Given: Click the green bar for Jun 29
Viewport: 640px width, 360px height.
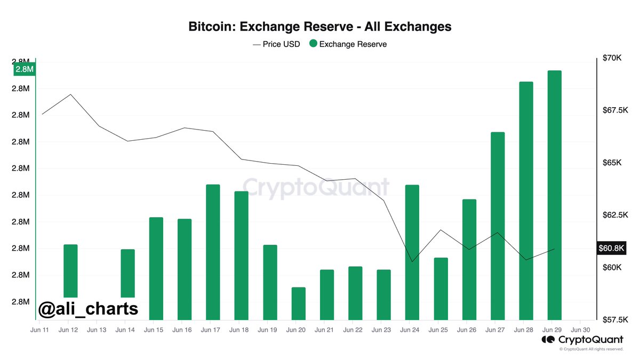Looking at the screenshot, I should point(554,195).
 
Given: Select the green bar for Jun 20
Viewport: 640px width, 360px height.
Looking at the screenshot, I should point(299,303).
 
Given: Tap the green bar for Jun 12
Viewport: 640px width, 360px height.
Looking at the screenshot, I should point(70,270).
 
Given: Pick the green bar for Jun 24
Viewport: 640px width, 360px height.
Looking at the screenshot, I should point(412,252).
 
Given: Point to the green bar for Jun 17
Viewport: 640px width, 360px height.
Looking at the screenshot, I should point(213,252).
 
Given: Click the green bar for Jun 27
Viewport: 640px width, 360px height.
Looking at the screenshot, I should point(498,226).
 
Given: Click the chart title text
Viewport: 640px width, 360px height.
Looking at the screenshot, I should point(320,26).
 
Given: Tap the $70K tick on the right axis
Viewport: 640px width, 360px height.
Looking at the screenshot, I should point(611,58).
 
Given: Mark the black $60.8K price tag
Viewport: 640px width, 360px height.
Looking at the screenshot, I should point(611,248).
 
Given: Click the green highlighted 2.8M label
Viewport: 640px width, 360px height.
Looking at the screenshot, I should point(24,69).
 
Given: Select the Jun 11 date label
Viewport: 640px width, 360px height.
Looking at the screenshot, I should point(40,330).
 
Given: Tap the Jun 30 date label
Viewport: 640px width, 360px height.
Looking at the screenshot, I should point(580,330).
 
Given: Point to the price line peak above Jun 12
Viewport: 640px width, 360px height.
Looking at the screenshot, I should point(70,94).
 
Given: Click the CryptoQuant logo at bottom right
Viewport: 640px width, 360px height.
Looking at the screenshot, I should point(582,340).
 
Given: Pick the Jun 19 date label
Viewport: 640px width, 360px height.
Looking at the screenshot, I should point(267,330).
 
